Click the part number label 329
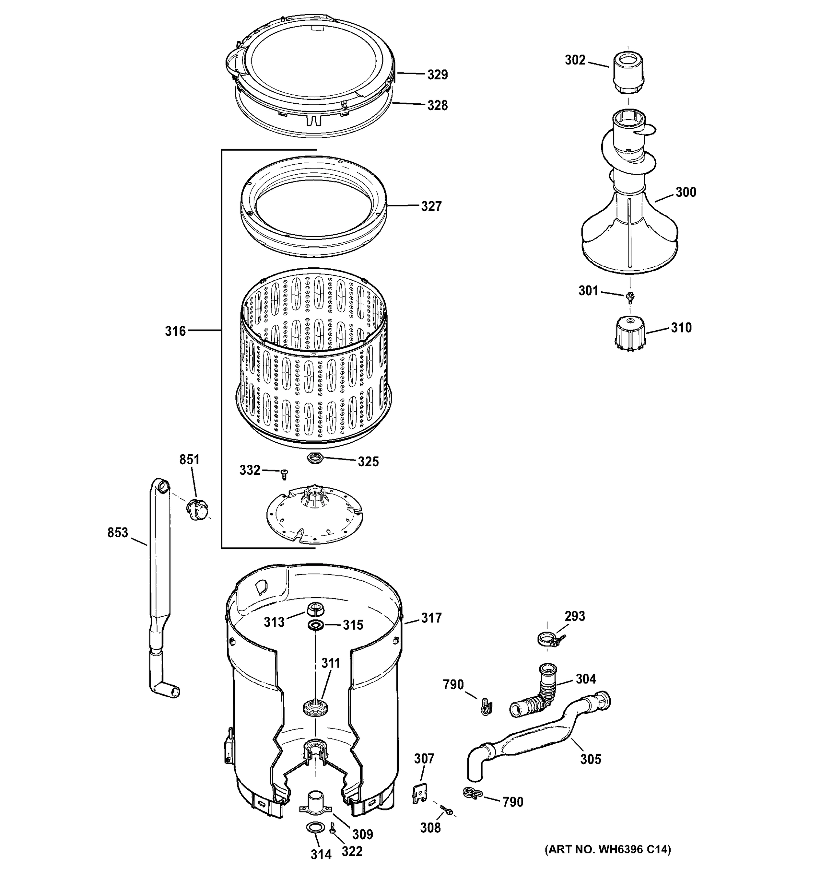point(437,75)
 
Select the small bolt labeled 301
point(630,297)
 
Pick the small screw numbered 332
point(284,474)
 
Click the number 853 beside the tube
point(117,533)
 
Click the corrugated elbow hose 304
point(538,698)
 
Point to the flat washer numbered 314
point(313,828)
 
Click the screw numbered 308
point(446,810)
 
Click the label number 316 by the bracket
point(175,331)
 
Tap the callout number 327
point(431,206)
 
